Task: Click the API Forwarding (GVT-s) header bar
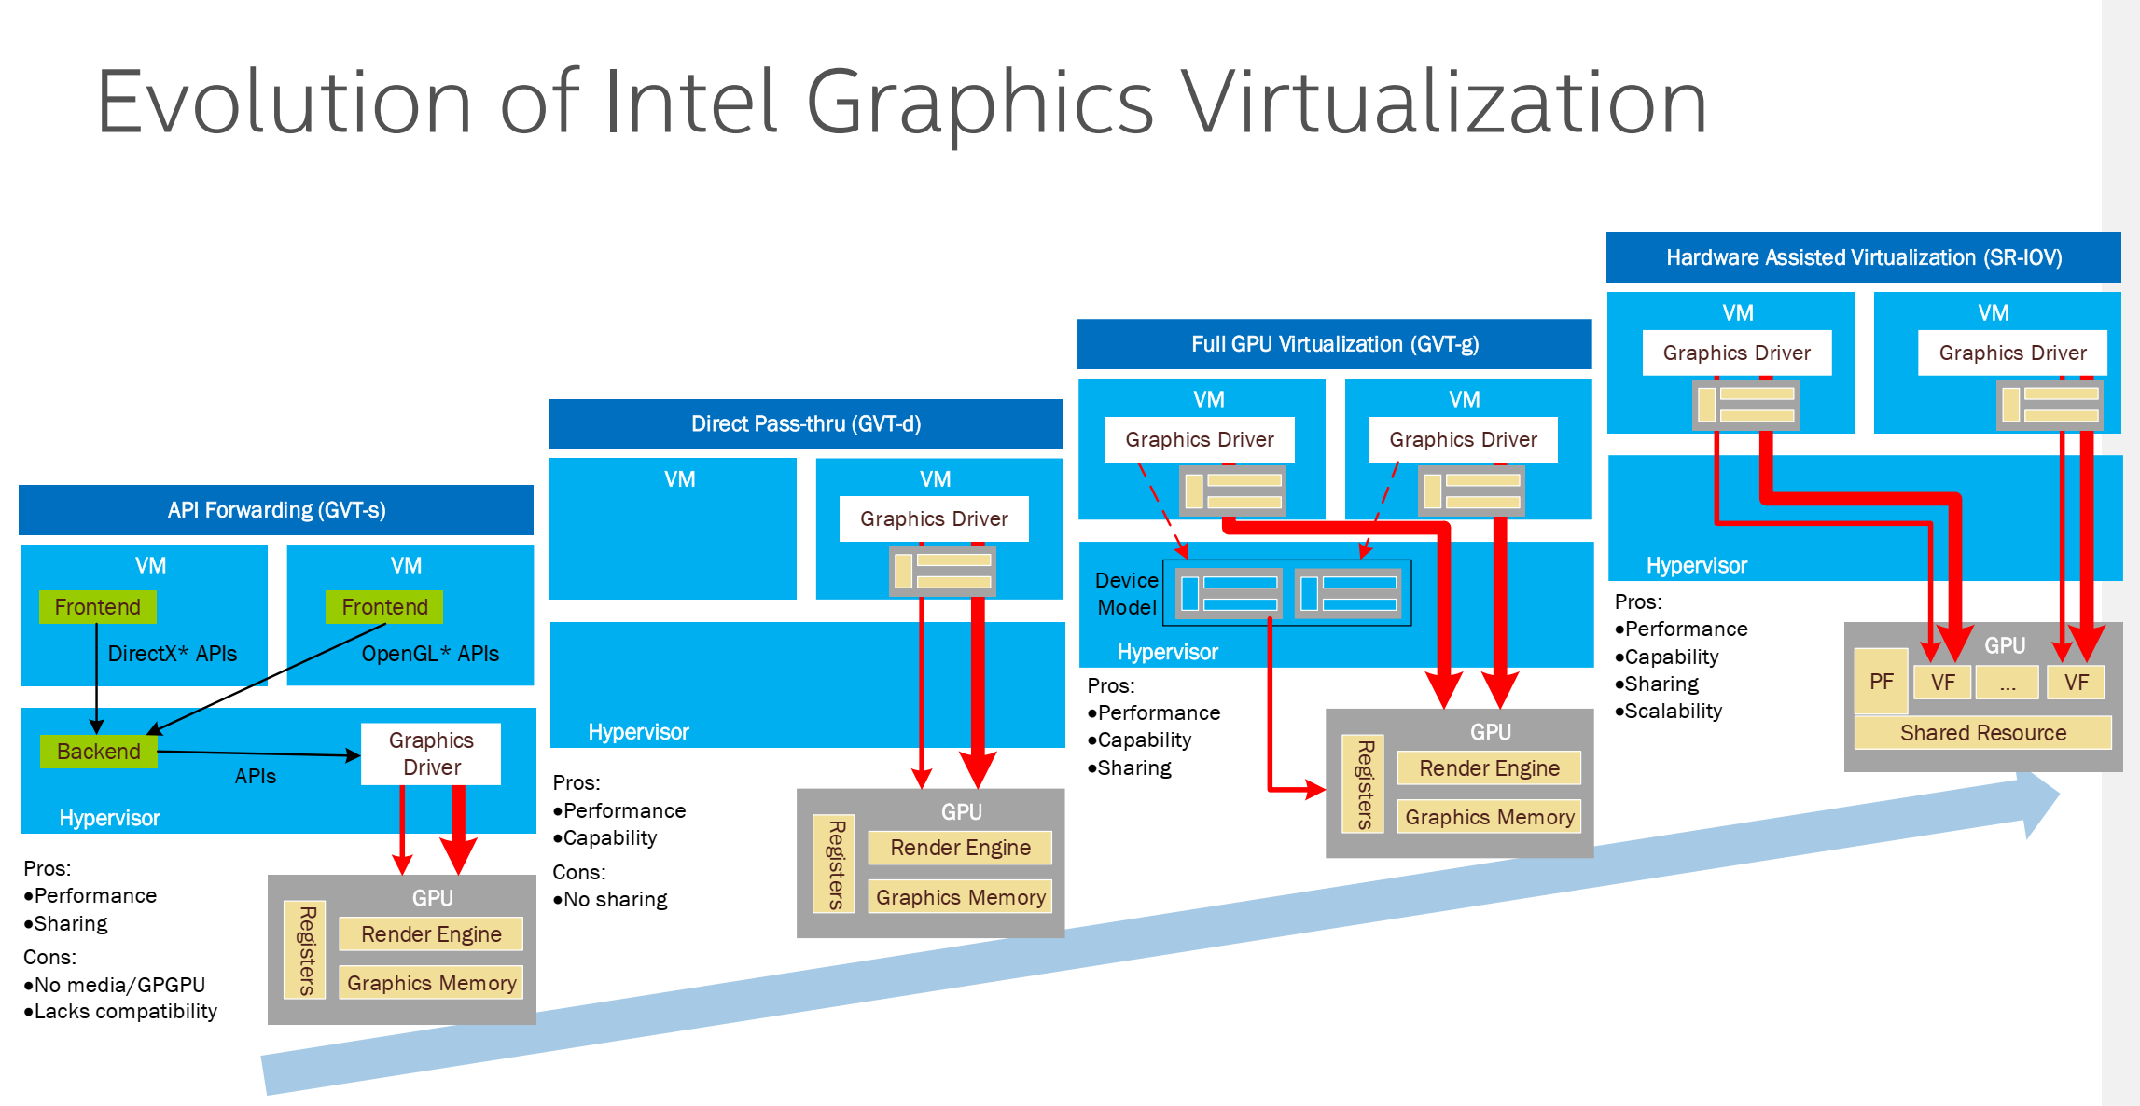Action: pyautogui.click(x=276, y=510)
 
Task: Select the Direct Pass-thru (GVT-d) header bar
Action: pyautogui.click(x=806, y=424)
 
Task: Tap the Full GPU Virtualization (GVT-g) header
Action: pyautogui.click(x=1334, y=344)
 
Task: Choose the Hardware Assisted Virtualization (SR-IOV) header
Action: pyautogui.click(x=1863, y=257)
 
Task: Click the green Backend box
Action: pyautogui.click(x=98, y=752)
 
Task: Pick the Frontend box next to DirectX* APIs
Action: pyautogui.click(x=97, y=607)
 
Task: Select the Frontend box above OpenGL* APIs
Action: pyautogui.click(x=384, y=607)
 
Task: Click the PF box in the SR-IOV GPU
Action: pyautogui.click(x=1881, y=682)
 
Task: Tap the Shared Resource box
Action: pyautogui.click(x=1982, y=733)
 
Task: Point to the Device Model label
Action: pyautogui.click(x=1127, y=594)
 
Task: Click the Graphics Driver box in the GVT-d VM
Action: pyautogui.click(x=934, y=518)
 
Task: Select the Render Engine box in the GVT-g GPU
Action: pyautogui.click(x=1489, y=768)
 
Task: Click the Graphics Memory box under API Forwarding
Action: pyautogui.click(x=431, y=983)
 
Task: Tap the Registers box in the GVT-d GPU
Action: pyautogui.click(x=835, y=864)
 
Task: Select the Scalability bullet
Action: pyautogui.click(x=1673, y=712)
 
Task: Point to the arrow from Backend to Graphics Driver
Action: pyautogui.click(x=257, y=753)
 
